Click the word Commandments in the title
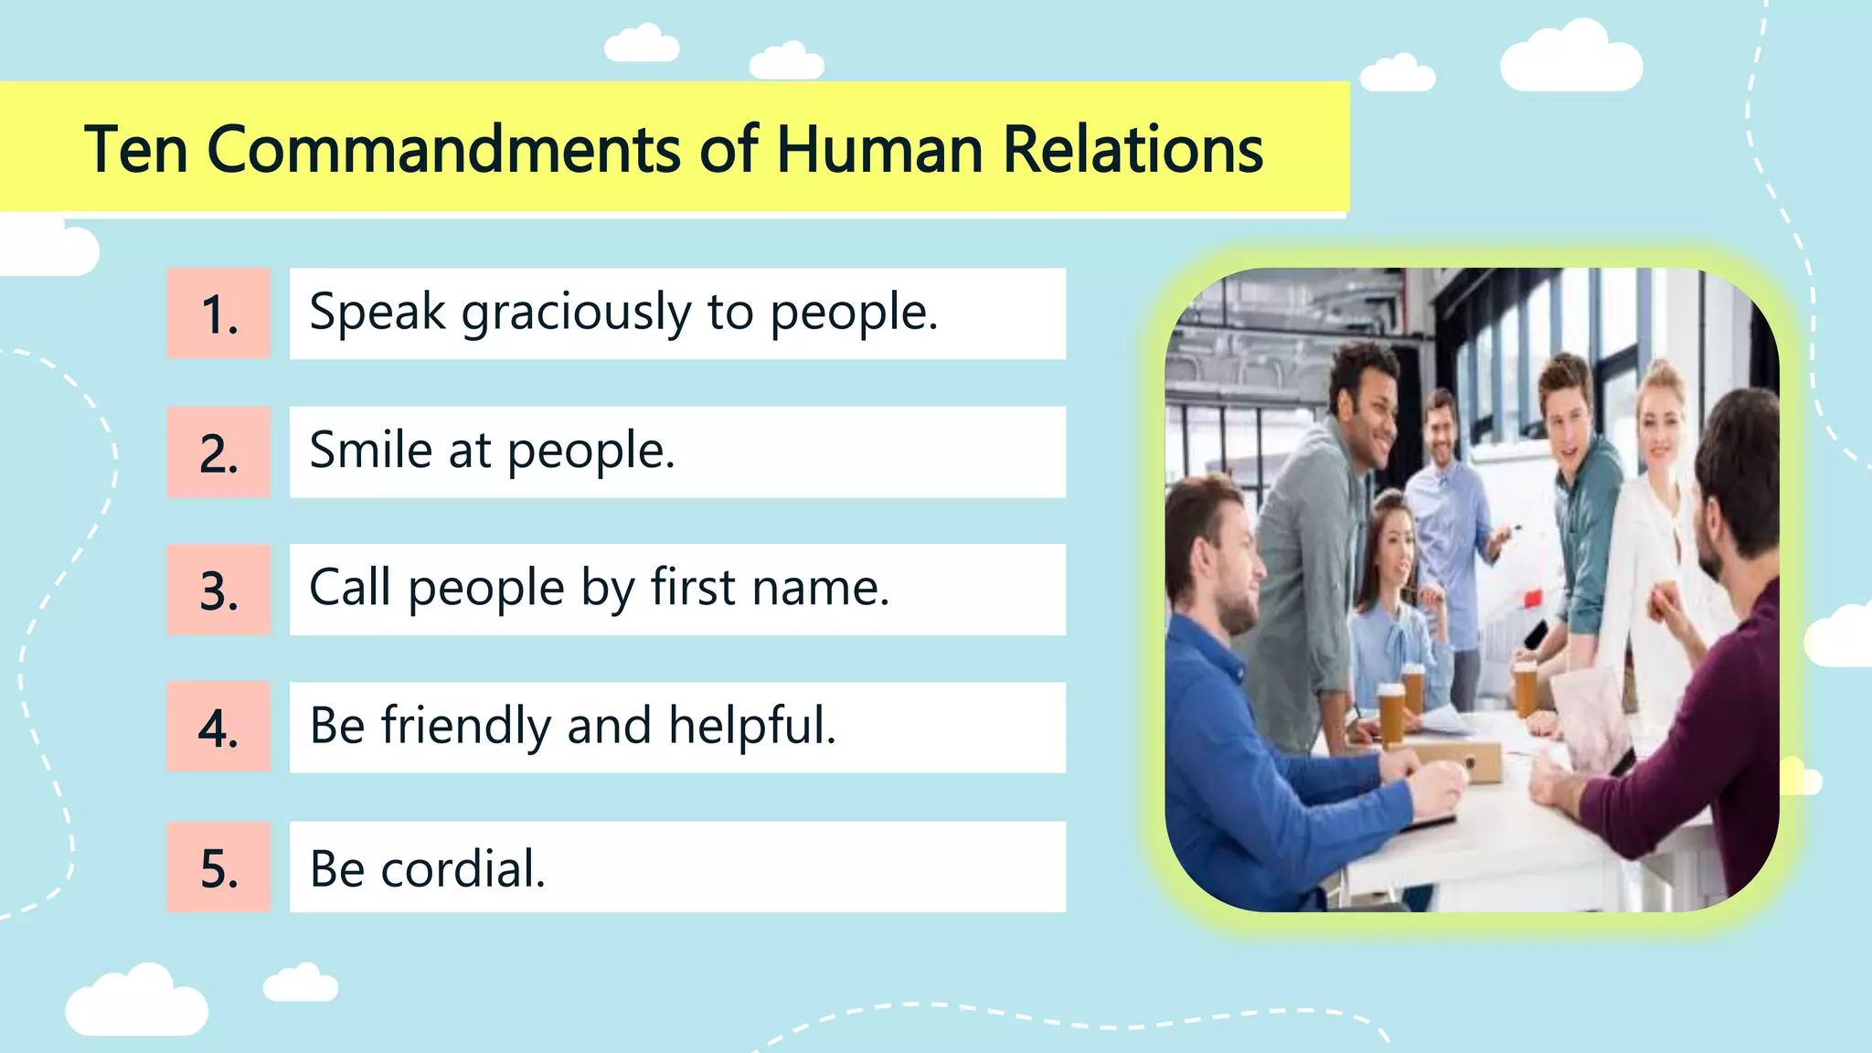click(443, 149)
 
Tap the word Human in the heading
click(879, 149)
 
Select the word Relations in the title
click(1133, 149)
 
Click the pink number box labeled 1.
click(218, 314)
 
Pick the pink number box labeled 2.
click(218, 452)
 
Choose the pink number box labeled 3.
click(218, 590)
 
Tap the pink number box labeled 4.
click(218, 728)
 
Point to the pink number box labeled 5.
click(218, 867)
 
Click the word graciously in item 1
click(576, 314)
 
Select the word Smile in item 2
click(370, 451)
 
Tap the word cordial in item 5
click(463, 868)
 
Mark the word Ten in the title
click(136, 149)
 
